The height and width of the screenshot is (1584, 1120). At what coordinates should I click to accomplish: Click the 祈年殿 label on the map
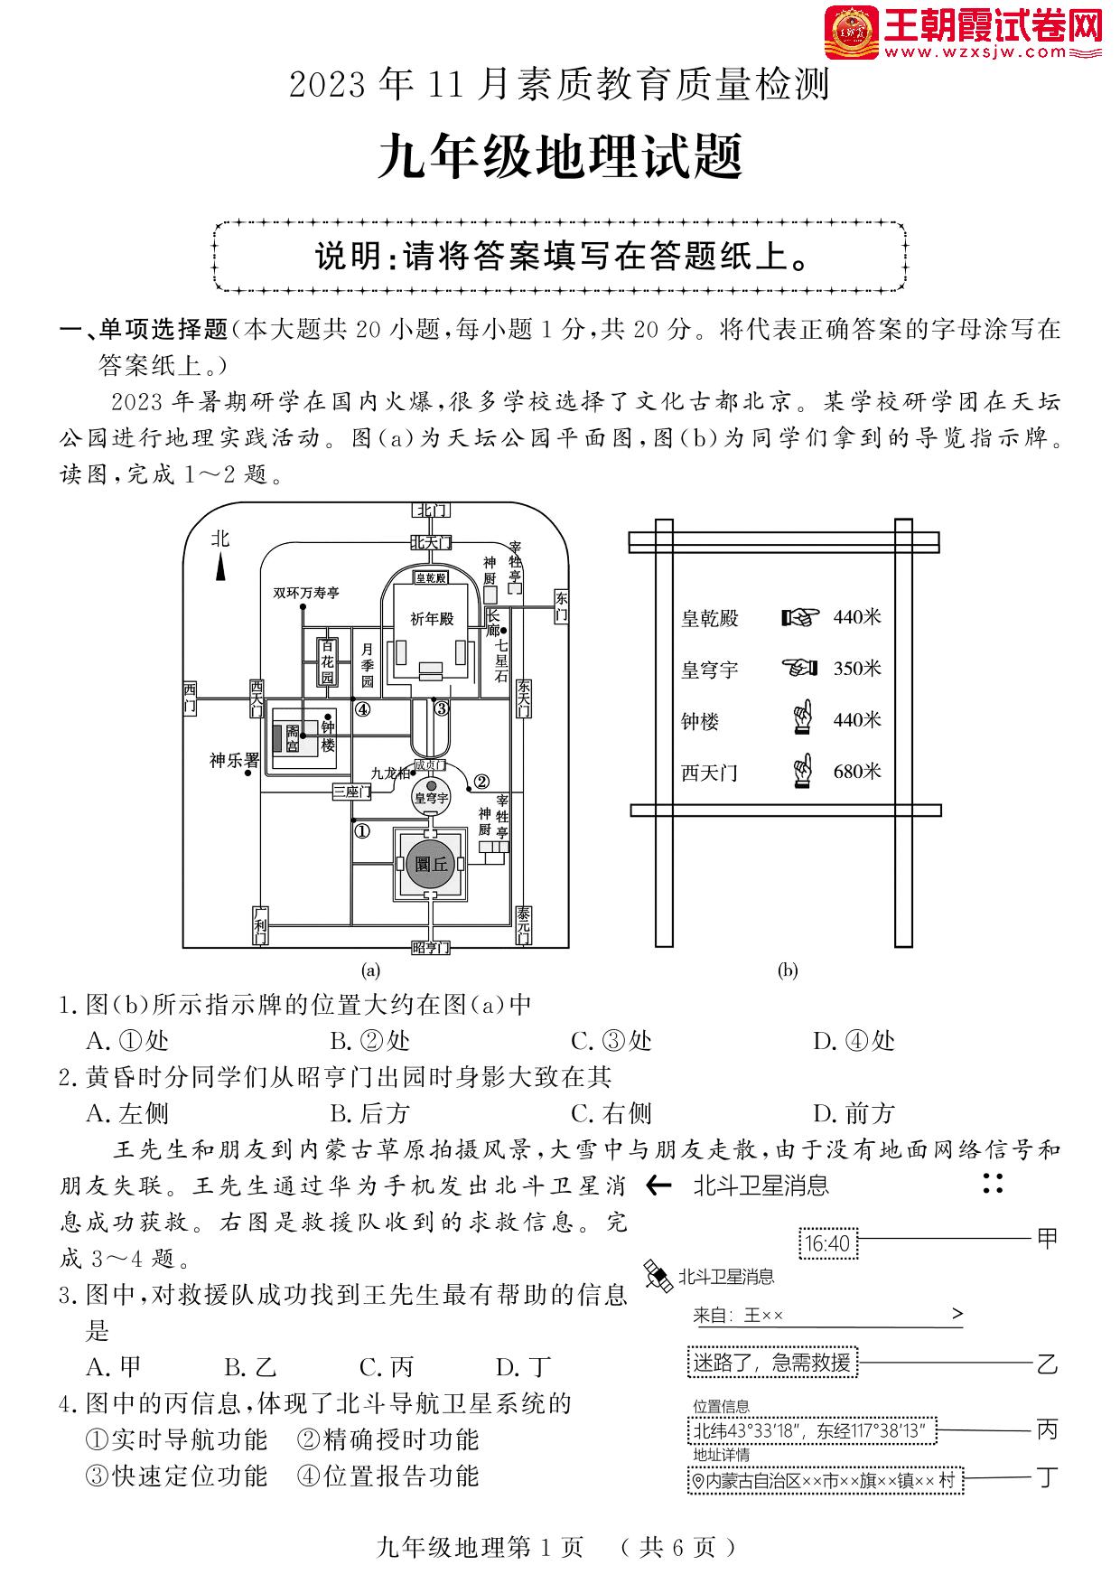point(431,619)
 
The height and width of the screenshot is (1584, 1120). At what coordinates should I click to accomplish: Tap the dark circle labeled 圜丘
point(431,864)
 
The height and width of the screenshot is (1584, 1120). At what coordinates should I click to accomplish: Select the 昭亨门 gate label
point(430,947)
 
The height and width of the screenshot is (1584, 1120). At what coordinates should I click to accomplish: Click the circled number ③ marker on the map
point(441,708)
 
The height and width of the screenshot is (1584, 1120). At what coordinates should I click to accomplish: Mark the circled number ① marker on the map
point(361,830)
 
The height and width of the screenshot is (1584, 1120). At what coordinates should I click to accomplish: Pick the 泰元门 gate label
point(524,925)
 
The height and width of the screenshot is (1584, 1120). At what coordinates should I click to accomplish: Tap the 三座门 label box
point(351,792)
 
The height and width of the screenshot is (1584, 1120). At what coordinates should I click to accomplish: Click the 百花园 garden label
point(327,661)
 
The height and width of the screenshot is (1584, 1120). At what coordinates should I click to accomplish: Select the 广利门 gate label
point(259,925)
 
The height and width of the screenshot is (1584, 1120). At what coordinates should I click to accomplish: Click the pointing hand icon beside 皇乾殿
point(799,617)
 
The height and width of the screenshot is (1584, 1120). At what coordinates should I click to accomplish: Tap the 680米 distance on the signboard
point(856,772)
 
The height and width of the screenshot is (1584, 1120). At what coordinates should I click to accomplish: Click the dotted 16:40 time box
point(827,1243)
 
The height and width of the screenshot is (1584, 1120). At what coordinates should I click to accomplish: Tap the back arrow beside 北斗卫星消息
point(659,1186)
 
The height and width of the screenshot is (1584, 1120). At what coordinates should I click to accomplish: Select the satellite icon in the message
point(658,1275)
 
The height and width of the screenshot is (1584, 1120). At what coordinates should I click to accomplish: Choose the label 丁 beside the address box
point(1046,1478)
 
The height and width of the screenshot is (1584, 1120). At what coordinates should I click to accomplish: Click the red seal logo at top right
point(852,33)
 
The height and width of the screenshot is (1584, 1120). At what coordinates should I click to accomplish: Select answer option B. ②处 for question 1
point(369,1041)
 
